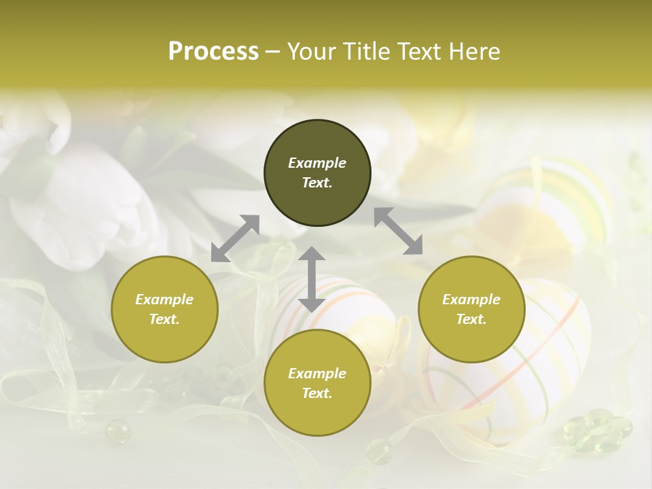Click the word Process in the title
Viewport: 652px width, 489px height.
[x=213, y=52]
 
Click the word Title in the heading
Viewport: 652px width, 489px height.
[x=366, y=52]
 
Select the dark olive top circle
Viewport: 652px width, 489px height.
[x=317, y=173]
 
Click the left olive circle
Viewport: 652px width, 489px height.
[x=164, y=309]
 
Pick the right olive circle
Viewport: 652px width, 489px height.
[x=471, y=309]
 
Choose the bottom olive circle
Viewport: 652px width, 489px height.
[x=317, y=383]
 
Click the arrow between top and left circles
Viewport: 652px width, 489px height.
[x=235, y=238]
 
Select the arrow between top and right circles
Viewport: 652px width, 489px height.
[x=399, y=231]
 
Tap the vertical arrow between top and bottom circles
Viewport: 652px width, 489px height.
[x=312, y=279]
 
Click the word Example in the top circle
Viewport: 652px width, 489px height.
[x=317, y=163]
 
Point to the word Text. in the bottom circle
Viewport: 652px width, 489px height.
[x=317, y=393]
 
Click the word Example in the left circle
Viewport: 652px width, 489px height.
[x=164, y=300]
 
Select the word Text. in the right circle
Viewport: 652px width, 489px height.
[x=471, y=319]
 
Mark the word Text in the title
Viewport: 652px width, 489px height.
[x=420, y=52]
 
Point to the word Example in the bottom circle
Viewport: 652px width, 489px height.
[x=317, y=374]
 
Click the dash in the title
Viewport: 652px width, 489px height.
[x=273, y=52]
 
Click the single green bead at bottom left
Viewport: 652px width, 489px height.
[x=117, y=430]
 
